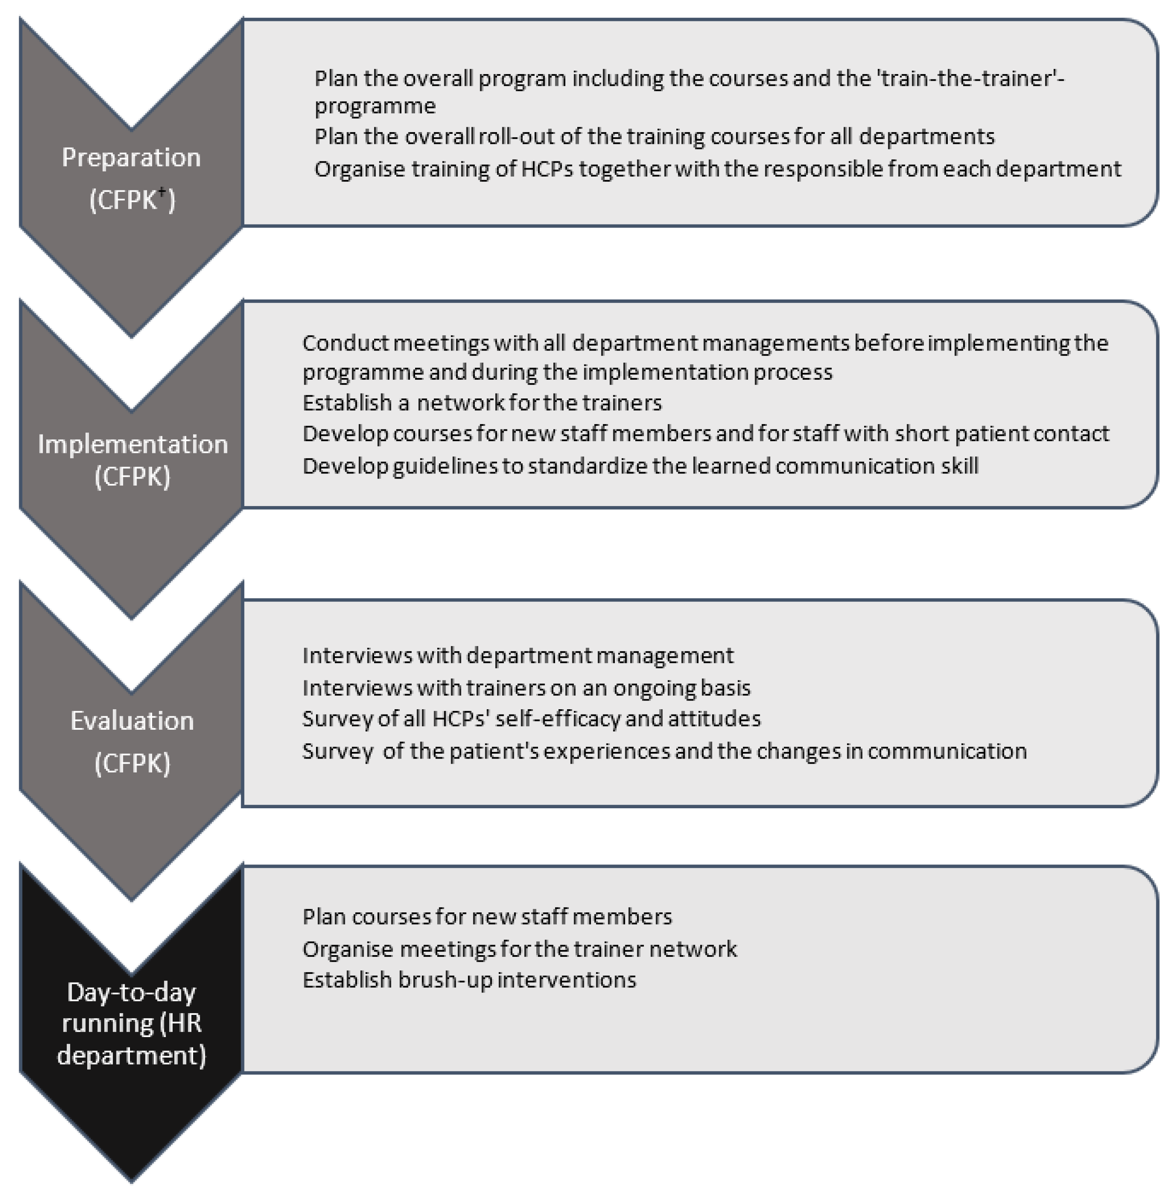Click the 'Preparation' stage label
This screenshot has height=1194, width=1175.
tap(131, 158)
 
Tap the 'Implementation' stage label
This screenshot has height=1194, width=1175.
tap(133, 444)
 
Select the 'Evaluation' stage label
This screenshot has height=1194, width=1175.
tap(132, 721)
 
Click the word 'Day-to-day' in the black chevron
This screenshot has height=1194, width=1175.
tap(131, 992)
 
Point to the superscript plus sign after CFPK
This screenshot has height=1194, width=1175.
tap(162, 191)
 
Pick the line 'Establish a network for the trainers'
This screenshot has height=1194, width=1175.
tap(482, 403)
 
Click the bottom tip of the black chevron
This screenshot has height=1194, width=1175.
tap(131, 1180)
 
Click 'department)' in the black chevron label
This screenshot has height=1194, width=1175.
tap(131, 1055)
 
